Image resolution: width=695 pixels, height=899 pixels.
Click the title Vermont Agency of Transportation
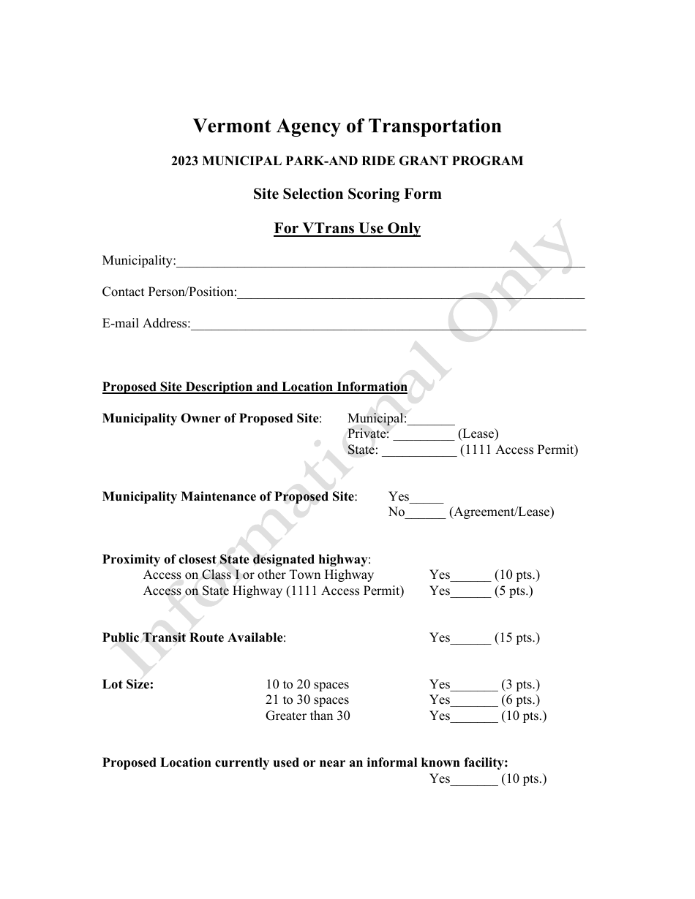pyautogui.click(x=347, y=126)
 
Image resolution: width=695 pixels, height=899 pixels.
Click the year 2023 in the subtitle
pyautogui.click(x=187, y=161)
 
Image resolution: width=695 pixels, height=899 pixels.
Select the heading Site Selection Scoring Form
pyautogui.click(x=347, y=194)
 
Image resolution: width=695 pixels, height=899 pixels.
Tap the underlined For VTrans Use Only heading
pyautogui.click(x=347, y=229)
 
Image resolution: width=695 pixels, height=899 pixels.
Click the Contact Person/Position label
pyautogui.click(x=169, y=292)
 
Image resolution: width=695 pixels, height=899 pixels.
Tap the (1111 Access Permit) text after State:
pyautogui.click(x=519, y=450)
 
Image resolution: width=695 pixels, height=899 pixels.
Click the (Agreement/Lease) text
pyautogui.click(x=501, y=512)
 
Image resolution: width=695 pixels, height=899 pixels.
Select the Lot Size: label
pyautogui.click(x=128, y=685)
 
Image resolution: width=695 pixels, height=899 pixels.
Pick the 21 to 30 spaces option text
pyautogui.click(x=307, y=700)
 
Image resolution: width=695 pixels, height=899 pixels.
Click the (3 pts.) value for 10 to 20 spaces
pyautogui.click(x=520, y=685)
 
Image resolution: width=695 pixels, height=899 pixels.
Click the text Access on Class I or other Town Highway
pyautogui.click(x=258, y=575)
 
